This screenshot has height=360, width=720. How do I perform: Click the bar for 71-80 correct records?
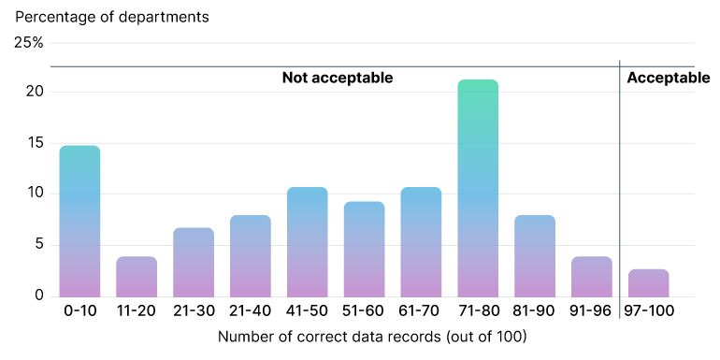point(478,188)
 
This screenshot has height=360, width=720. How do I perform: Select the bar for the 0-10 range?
point(79,221)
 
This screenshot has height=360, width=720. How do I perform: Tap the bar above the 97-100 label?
point(648,282)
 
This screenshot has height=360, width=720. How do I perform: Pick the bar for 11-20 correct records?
point(137,276)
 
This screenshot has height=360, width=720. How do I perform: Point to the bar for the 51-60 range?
point(364,249)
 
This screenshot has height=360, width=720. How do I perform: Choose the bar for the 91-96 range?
point(591,276)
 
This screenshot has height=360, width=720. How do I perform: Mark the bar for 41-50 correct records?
point(308,241)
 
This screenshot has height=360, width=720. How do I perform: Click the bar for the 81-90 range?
point(535,255)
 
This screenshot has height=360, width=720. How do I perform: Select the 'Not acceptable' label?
point(338,78)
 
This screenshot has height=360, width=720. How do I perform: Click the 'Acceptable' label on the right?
point(668,78)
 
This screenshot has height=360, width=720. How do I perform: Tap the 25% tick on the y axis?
point(29,42)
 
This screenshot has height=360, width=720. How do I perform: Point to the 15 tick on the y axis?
point(34,143)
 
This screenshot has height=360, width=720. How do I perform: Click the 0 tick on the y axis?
point(38,295)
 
